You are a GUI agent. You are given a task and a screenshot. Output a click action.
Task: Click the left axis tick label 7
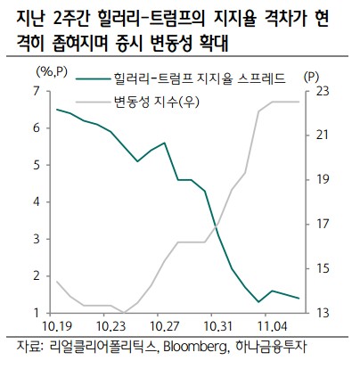pyautogui.click(x=37, y=91)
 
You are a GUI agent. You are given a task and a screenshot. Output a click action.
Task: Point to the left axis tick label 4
pyautogui.click(x=37, y=201)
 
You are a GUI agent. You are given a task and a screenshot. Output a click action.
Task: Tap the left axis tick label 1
pyautogui.click(x=37, y=312)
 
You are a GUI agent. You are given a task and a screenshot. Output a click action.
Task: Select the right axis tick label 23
pyautogui.click(x=323, y=91)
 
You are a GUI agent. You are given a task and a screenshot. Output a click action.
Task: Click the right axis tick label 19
pyautogui.click(x=323, y=179)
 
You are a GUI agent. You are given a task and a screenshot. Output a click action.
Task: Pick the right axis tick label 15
pyautogui.click(x=323, y=267)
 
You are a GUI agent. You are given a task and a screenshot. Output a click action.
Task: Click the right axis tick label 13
pyautogui.click(x=323, y=312)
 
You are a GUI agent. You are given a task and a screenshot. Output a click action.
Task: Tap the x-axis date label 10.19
pyautogui.click(x=56, y=328)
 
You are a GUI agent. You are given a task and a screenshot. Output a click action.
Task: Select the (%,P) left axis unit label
pyautogui.click(x=53, y=71)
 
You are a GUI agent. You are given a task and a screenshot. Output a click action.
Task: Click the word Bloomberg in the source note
pyautogui.click(x=197, y=348)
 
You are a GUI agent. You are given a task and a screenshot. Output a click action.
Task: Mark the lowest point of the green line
pyautogui.click(x=258, y=302)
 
